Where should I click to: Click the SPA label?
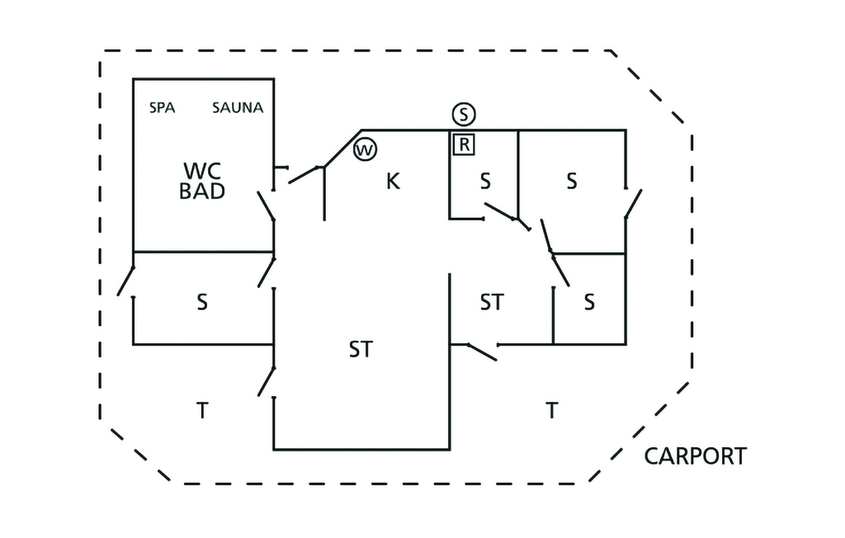click(162, 107)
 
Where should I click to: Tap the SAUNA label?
click(238, 107)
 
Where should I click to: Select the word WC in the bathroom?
click(202, 171)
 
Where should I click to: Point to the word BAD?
click(202, 191)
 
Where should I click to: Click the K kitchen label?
click(394, 182)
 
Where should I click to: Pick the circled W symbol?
click(365, 150)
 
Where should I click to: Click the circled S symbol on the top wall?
click(465, 113)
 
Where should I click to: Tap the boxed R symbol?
click(464, 144)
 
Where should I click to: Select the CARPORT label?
click(695, 456)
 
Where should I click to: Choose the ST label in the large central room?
click(361, 349)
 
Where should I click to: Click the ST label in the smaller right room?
click(492, 302)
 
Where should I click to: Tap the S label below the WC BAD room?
click(202, 302)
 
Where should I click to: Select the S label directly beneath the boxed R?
click(485, 182)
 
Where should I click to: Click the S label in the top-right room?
click(571, 182)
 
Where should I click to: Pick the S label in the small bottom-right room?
click(589, 302)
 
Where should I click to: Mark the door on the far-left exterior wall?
click(126, 281)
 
